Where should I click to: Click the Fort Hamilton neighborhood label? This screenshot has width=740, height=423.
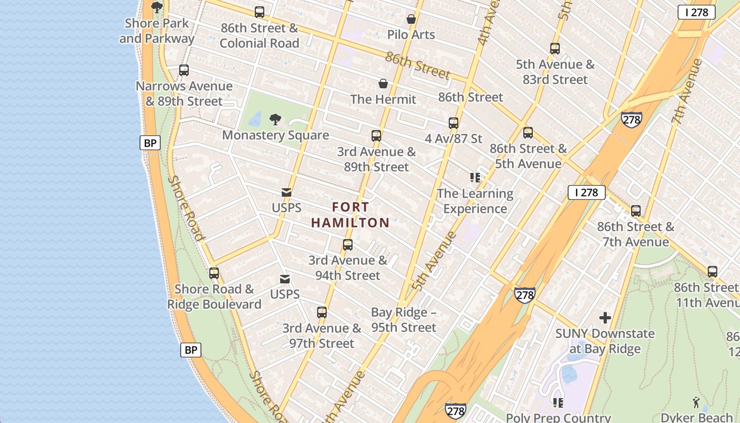click(350, 215)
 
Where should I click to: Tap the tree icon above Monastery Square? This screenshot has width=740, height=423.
click(275, 119)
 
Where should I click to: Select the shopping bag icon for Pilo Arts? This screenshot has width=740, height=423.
click(411, 20)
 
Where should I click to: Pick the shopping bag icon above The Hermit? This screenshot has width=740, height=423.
click(383, 84)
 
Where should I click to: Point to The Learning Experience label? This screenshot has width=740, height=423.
click(475, 201)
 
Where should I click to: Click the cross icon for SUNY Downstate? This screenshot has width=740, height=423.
click(605, 318)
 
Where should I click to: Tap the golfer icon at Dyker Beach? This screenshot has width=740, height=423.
click(697, 402)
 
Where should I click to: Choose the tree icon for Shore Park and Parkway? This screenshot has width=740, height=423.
click(157, 7)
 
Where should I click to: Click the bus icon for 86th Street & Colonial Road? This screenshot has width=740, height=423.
click(259, 12)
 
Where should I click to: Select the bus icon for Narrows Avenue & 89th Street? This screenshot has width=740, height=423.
click(184, 70)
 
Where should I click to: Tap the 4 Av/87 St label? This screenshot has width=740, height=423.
click(454, 139)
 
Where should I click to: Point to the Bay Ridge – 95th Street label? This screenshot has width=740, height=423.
click(404, 320)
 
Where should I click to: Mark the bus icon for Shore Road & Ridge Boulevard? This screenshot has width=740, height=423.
click(214, 273)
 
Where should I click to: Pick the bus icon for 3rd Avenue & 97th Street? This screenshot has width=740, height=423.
click(322, 312)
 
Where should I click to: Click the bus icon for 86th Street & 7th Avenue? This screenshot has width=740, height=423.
click(636, 211)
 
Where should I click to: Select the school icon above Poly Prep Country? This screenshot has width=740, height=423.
click(558, 403)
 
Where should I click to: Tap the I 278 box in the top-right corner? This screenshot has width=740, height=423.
click(696, 12)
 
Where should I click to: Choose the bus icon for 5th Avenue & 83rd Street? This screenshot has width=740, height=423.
click(555, 49)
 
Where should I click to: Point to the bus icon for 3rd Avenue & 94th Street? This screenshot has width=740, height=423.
click(348, 245)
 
